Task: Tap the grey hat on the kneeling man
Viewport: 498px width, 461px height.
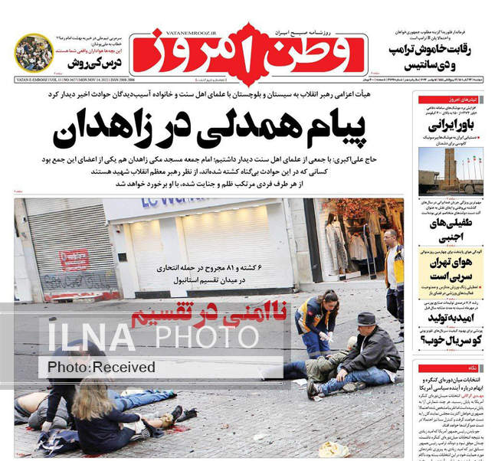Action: point(365,319)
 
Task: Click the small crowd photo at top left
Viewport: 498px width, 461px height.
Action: point(34,53)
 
